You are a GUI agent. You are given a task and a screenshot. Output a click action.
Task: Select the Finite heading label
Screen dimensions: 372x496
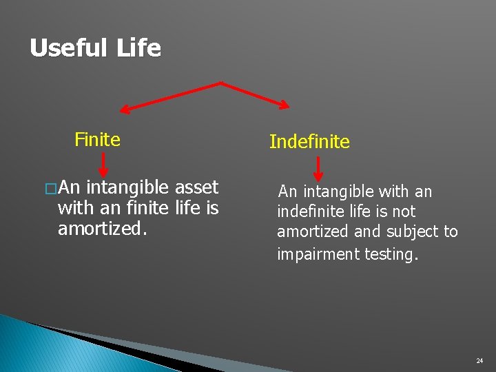[x=97, y=140]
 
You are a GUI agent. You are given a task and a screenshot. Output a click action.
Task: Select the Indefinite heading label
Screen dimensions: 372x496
[x=309, y=142]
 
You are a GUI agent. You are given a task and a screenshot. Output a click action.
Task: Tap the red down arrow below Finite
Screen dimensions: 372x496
[x=102, y=165]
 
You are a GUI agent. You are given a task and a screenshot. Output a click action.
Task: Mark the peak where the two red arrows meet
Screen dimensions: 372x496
[x=220, y=83]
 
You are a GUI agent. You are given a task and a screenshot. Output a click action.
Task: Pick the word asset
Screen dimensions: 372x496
[x=197, y=187]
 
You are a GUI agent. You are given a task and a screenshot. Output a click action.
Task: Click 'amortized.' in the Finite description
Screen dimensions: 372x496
[x=103, y=228]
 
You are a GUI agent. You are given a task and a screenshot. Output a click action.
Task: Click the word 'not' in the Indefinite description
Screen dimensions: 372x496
[x=404, y=211]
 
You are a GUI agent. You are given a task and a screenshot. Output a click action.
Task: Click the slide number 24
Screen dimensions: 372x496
[x=479, y=360]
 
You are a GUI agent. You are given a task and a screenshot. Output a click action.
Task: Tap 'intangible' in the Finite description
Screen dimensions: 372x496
[x=129, y=187]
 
